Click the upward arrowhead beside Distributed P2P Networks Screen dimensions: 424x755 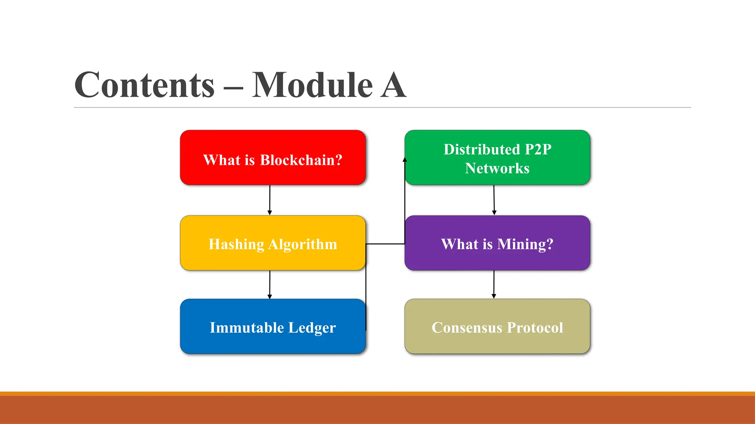tap(405, 160)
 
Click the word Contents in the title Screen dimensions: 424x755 tap(145, 85)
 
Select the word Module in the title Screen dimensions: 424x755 tap(313, 85)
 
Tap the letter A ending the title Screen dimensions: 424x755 tap(393, 85)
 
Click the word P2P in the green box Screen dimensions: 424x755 tap(538, 149)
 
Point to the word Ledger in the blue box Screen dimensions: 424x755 tap(312, 328)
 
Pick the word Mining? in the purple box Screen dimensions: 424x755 tap(525, 244)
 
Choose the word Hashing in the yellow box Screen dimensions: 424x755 tap(236, 244)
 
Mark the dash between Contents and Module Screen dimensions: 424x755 tap(233, 88)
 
